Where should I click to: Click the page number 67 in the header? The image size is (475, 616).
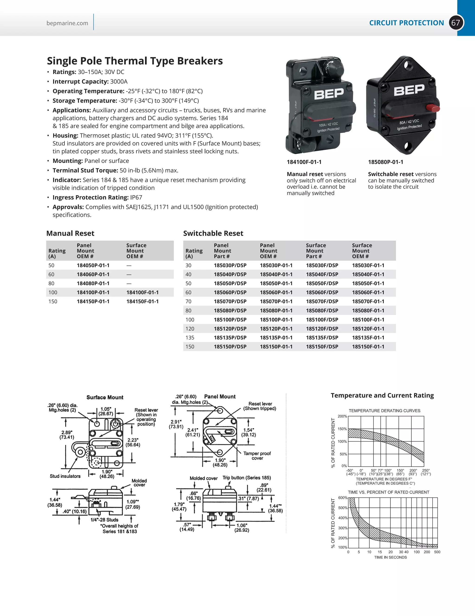tap(456, 23)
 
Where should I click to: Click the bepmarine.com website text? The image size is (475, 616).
tap(67, 23)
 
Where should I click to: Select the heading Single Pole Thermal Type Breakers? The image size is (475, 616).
tap(135, 61)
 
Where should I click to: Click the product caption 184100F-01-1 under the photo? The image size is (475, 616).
tap(304, 162)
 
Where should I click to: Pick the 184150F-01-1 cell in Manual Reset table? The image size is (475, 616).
tap(142, 301)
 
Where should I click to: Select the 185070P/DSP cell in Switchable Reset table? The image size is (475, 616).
tap(230, 301)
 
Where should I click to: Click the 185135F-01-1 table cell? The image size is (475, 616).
tap(368, 337)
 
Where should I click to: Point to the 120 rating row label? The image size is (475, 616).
tap(190, 328)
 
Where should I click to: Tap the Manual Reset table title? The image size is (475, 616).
tap(70, 233)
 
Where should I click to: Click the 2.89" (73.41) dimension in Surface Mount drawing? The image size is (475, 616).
tap(67, 435)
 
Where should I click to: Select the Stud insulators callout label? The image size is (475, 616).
tap(65, 476)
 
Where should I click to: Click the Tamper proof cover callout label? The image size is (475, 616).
tap(257, 455)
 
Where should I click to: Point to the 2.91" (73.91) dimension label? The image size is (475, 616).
tap(176, 424)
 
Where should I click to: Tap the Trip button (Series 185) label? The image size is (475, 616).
tap(247, 477)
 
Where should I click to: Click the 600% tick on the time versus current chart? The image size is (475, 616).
tap(343, 498)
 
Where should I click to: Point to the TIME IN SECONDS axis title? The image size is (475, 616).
tap(390, 557)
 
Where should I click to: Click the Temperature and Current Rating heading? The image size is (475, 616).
tap(382, 395)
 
